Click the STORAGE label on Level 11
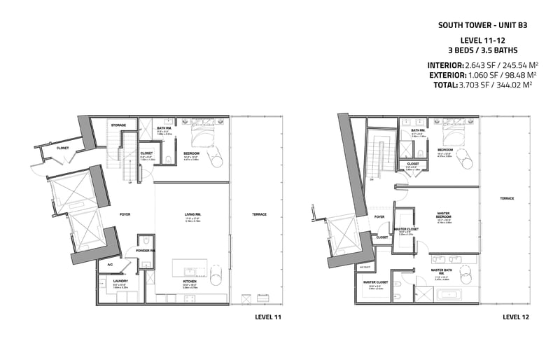[x=118, y=125]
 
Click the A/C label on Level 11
[x=110, y=265]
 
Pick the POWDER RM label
[x=146, y=251]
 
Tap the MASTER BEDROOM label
[x=444, y=215]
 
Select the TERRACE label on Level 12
[x=507, y=198]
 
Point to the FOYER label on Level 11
[x=125, y=215]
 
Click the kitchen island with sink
[x=190, y=271]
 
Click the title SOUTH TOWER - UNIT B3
[x=482, y=24]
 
